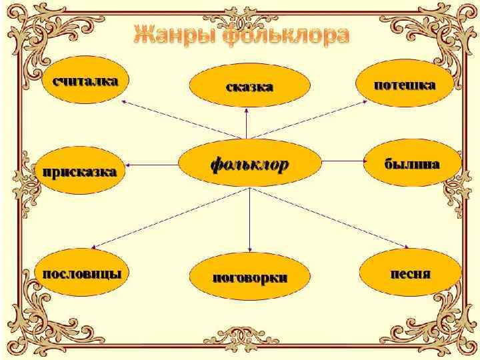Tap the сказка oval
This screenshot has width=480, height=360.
249,87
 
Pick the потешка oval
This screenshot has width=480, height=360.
405,85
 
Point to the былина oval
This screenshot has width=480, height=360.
411,163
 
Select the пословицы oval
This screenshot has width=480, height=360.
82,274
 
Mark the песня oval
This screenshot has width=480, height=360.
410,274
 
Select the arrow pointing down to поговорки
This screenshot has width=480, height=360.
249,220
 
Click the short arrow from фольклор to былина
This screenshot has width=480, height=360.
341,160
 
